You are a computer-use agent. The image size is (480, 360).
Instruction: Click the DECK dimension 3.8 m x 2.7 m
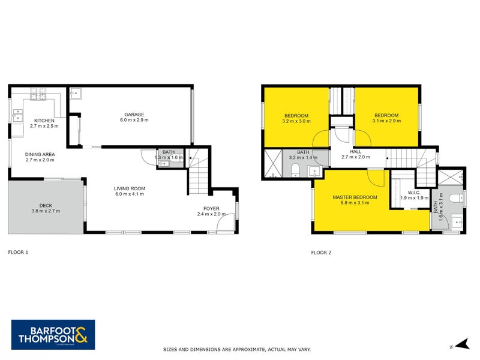click(46, 211)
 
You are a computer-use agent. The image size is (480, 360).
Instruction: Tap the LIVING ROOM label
click(130, 188)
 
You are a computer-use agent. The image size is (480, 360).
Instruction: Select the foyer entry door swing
click(225, 225)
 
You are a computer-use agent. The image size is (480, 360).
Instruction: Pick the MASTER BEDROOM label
click(356, 197)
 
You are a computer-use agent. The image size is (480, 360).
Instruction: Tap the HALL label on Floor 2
click(355, 151)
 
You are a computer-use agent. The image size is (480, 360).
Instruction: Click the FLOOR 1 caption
click(17, 253)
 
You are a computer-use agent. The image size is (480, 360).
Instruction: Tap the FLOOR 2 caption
click(321, 253)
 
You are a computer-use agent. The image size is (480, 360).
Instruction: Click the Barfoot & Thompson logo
click(53, 334)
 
